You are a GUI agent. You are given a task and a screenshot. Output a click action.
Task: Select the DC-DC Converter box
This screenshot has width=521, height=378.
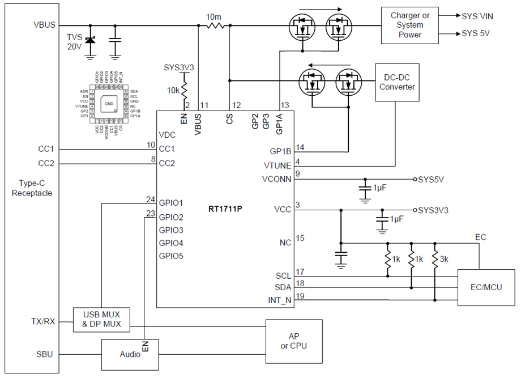tap(397, 82)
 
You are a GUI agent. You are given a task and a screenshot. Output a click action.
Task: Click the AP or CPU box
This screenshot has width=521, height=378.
tap(294, 340)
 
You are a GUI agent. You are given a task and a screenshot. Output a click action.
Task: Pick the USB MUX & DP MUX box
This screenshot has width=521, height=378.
tap(101, 320)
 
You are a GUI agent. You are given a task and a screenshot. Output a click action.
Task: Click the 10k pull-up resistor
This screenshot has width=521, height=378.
tap(186, 89)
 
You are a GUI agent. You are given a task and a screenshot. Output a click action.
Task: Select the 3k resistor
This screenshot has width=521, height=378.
tap(435, 260)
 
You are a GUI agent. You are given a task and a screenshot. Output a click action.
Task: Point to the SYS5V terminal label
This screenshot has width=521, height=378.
tap(431, 179)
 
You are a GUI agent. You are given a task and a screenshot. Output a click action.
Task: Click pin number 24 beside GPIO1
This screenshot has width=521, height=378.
tap(150, 199)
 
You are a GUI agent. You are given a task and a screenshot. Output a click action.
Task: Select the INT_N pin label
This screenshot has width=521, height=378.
tap(280, 300)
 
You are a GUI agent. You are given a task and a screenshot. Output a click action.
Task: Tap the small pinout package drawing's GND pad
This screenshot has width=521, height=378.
tap(109, 104)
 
